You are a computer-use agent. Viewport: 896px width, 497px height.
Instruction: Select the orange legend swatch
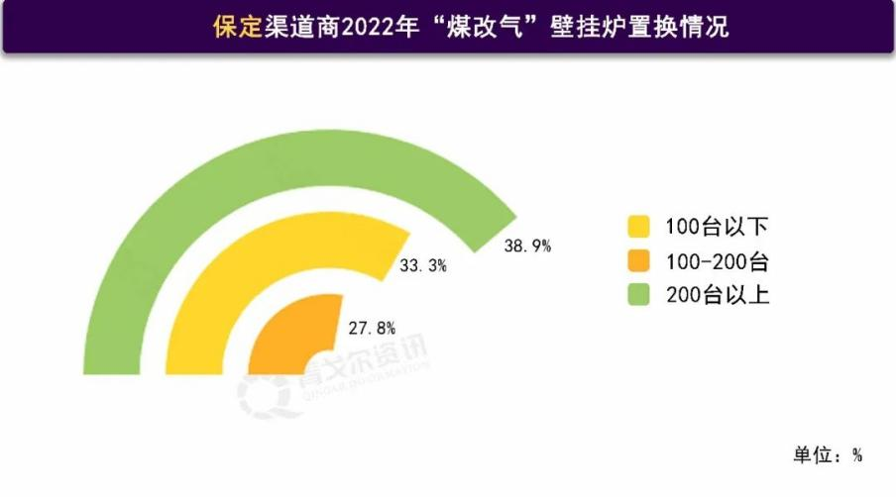[x=639, y=261]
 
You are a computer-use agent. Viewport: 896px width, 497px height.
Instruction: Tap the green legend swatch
[x=639, y=294]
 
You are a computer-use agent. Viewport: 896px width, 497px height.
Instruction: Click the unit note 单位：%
[x=828, y=455]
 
